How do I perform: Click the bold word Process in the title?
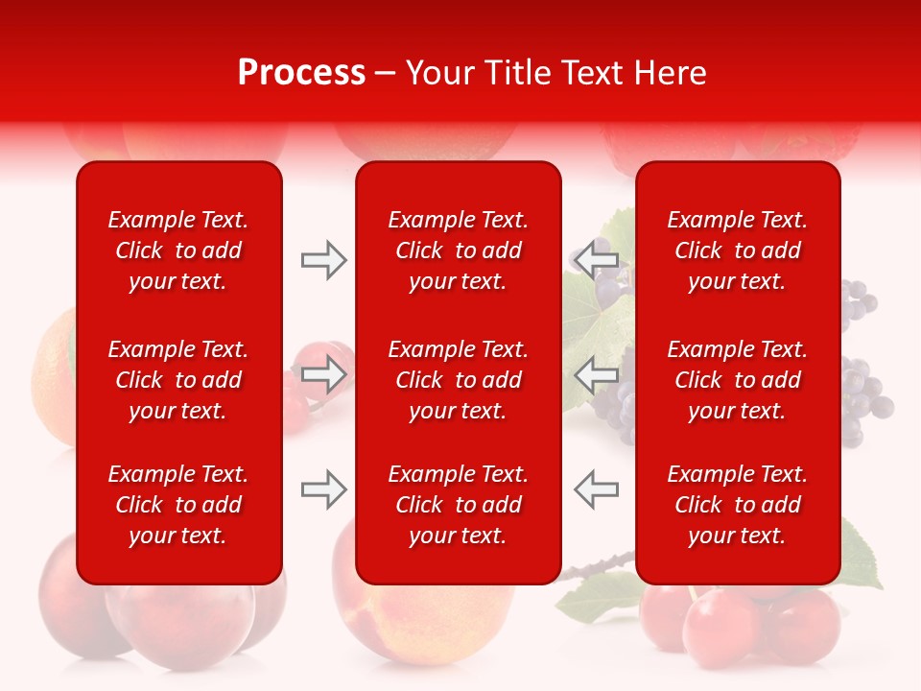pos(301,73)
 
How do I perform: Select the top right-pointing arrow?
pos(323,260)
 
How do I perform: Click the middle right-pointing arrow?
pos(323,374)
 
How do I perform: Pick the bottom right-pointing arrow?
pos(323,489)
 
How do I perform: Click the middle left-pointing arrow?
pos(596,374)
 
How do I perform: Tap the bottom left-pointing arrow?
pos(596,489)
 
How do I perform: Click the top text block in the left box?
pos(178,250)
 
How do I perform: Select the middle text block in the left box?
pos(178,380)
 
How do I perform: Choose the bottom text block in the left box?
pos(178,505)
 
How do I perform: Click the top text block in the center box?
pos(459,250)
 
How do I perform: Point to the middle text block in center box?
pos(459,380)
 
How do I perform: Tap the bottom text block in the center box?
pos(459,505)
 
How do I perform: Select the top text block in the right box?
pos(738,250)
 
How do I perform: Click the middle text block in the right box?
pos(738,380)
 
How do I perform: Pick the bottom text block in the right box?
pos(738,505)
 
